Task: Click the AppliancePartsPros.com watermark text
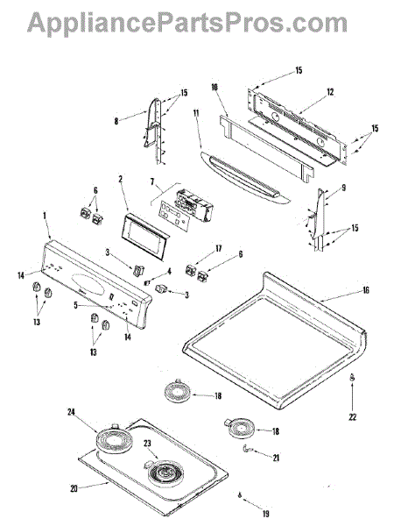[187, 25]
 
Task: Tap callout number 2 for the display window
[121, 179]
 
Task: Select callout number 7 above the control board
[152, 181]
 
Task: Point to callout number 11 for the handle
[196, 113]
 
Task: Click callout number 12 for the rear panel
[330, 91]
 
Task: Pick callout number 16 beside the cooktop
[365, 290]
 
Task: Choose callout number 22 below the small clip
[353, 417]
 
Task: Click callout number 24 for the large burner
[71, 412]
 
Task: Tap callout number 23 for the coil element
[147, 444]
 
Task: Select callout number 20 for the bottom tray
[74, 488]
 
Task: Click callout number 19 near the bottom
[265, 513]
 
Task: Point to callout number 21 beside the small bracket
[276, 458]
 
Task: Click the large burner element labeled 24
[110, 439]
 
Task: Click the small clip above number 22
[352, 377]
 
